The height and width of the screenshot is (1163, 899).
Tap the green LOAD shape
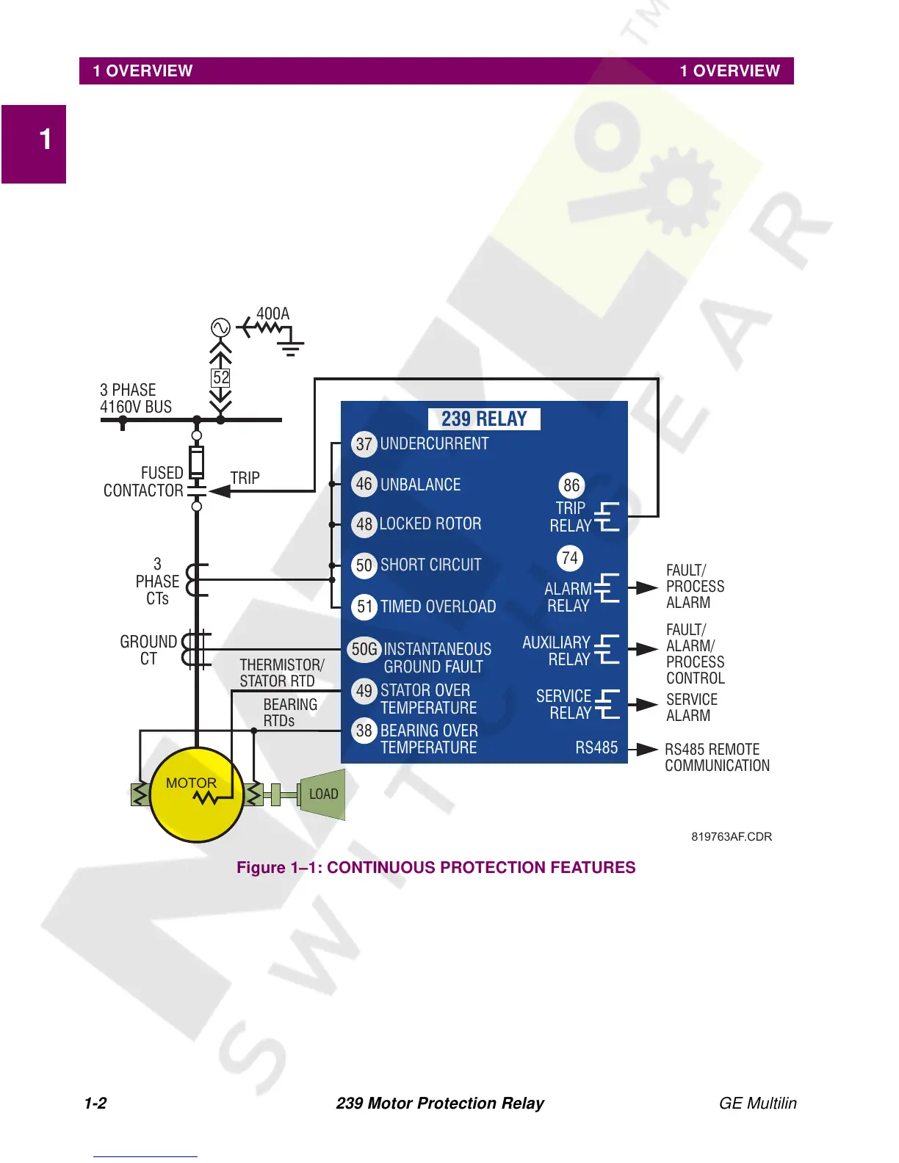click(x=322, y=794)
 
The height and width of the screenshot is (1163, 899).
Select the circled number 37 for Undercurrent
click(x=364, y=444)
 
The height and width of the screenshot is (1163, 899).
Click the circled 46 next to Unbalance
click(x=364, y=485)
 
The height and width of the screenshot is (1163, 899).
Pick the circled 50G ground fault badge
click(x=364, y=649)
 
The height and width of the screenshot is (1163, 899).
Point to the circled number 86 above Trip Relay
click(x=571, y=485)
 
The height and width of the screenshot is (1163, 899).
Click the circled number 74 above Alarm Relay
click(x=569, y=558)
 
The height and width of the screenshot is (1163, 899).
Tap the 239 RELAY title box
click(x=484, y=419)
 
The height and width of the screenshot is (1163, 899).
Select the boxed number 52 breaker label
click(x=220, y=377)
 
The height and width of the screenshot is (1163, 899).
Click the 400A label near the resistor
click(x=272, y=314)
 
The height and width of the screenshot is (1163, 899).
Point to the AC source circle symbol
click(x=220, y=327)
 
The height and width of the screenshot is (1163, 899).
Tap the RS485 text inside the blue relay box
click(x=596, y=748)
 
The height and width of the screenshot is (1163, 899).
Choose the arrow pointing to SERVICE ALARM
click(x=646, y=705)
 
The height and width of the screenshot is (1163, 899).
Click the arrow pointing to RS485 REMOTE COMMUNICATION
click(x=646, y=749)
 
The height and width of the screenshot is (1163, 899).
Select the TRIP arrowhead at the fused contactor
click(x=219, y=491)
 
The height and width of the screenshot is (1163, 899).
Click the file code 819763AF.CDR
click(x=732, y=837)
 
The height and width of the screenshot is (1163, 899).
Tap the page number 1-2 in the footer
click(x=95, y=1104)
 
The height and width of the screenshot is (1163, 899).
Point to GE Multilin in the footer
click(x=757, y=1104)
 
